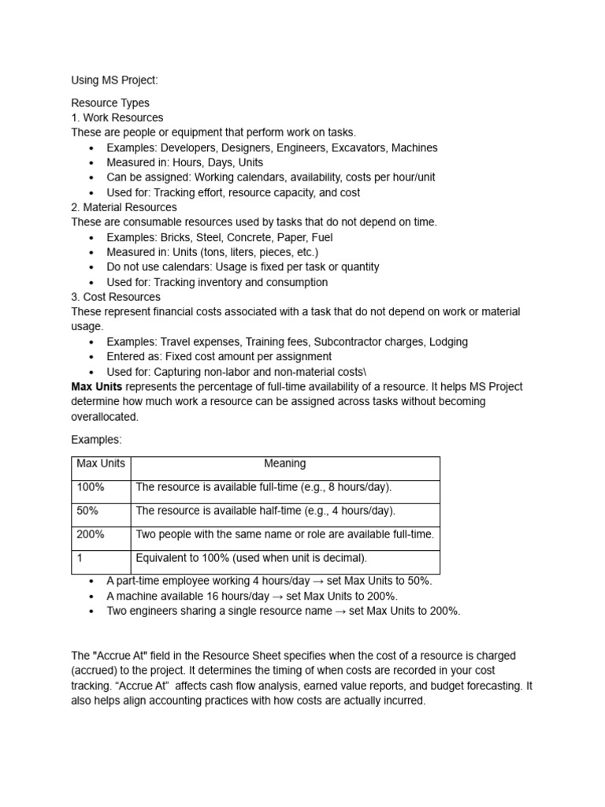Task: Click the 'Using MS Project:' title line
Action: point(115,80)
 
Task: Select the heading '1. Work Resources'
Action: point(117,117)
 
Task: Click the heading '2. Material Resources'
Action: point(124,207)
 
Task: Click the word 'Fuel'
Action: point(321,237)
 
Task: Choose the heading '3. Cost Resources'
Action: point(116,297)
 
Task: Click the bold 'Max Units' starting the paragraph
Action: point(97,386)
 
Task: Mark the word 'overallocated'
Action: point(104,416)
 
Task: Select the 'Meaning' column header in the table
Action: point(285,464)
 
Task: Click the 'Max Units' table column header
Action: point(101,464)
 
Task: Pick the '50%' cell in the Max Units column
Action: point(88,511)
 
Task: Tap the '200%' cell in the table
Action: point(91,534)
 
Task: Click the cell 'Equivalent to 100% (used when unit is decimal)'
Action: point(251,558)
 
